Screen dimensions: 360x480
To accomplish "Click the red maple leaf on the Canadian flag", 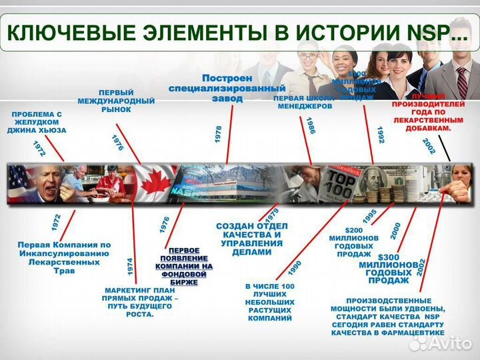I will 155,183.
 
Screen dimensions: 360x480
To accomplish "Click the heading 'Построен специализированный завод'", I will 227,87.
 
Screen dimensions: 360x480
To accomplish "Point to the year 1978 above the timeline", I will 218,133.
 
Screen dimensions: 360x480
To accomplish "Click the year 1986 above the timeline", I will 311,126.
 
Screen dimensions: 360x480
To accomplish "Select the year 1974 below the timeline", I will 130,267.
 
